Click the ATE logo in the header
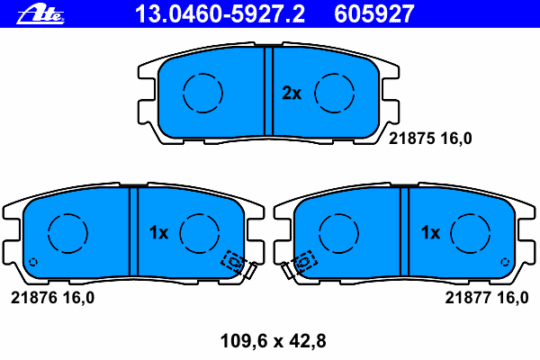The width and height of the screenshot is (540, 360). (x=40, y=14)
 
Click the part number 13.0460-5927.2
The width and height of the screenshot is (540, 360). (x=220, y=13)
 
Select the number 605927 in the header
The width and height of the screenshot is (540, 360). (x=374, y=13)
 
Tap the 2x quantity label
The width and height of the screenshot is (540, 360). (x=292, y=93)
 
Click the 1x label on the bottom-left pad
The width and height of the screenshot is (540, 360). (x=158, y=232)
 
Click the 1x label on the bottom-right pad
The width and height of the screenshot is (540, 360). (x=430, y=232)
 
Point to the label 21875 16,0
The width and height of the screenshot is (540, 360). (x=430, y=139)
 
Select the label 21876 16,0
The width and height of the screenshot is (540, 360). (x=53, y=298)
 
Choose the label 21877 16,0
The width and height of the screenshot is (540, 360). (x=487, y=298)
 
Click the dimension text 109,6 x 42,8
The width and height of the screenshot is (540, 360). (x=273, y=341)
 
